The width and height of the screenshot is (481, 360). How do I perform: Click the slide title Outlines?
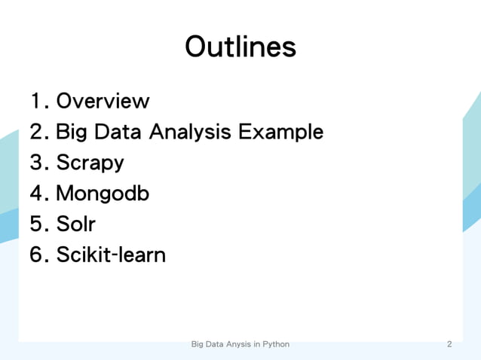(240, 47)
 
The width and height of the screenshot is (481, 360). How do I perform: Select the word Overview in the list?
(103, 101)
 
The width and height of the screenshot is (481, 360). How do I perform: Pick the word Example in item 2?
(280, 133)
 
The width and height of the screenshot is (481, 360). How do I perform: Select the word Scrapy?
(90, 163)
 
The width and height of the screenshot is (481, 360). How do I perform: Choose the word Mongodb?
(103, 194)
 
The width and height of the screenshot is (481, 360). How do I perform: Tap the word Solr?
(76, 224)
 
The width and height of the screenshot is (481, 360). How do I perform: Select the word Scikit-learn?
(111, 255)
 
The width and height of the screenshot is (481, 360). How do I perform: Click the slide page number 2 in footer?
(449, 344)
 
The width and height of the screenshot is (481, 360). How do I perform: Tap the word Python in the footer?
(275, 344)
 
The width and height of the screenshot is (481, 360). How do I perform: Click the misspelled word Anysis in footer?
(236, 344)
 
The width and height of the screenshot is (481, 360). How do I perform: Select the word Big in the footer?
(198, 344)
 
